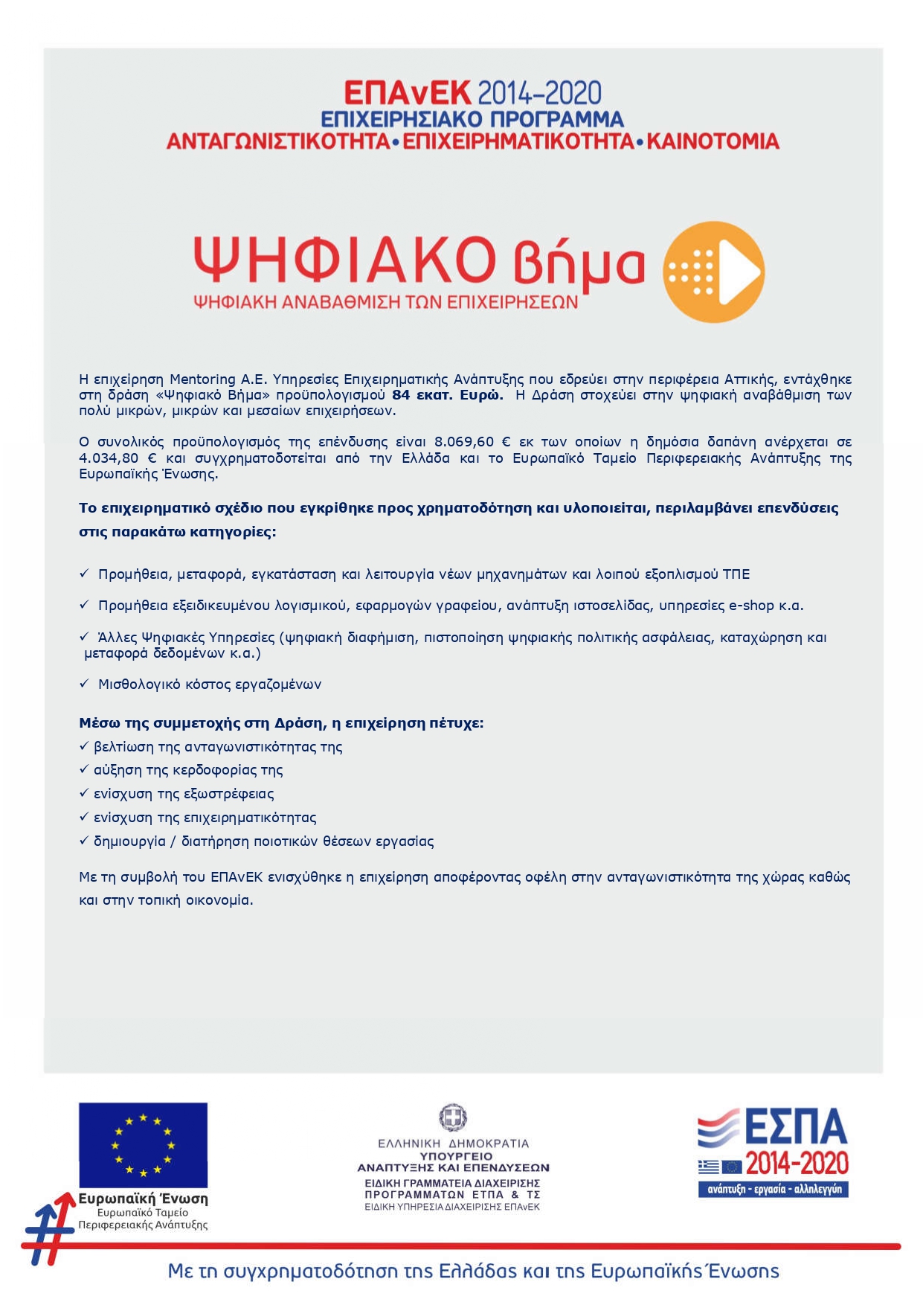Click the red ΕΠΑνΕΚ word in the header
click(407, 93)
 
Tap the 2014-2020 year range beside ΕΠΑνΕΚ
click(538, 94)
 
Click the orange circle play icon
click(713, 272)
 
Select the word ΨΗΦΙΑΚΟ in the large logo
click(344, 260)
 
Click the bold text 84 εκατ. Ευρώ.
click(447, 395)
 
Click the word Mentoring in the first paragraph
click(203, 379)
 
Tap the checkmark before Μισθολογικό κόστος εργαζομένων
click(84, 683)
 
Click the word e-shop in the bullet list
click(751, 606)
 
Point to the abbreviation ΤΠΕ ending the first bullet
click(736, 574)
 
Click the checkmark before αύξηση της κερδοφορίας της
click(84, 769)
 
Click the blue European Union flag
click(143, 1144)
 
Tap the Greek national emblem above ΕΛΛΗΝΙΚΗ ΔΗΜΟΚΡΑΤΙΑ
click(452, 1118)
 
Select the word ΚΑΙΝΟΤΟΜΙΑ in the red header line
click(713, 141)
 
